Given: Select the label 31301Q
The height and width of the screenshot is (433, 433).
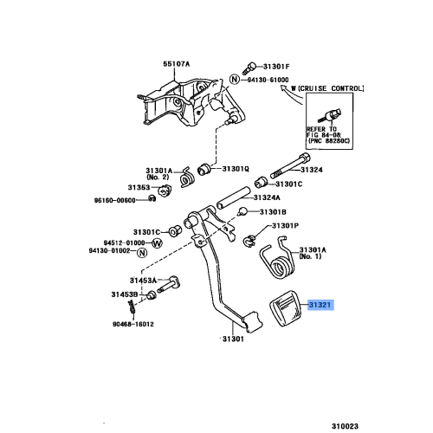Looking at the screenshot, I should [x=235, y=169].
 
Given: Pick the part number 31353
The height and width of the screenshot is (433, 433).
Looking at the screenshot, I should [x=140, y=186].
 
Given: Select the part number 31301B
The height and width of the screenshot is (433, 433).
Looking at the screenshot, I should [x=273, y=211].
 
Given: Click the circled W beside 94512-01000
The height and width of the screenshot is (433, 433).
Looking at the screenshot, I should [x=157, y=243].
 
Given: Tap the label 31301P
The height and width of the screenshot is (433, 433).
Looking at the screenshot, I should [x=285, y=225].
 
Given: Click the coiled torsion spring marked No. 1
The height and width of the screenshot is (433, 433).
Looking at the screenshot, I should [x=277, y=257].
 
